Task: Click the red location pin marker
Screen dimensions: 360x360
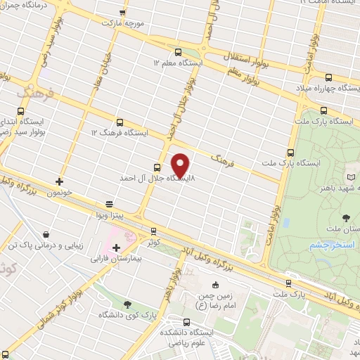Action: coord(181,165)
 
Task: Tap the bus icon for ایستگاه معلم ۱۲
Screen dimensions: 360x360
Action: coord(176,51)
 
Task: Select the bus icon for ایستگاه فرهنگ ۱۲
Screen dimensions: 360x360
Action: coord(120,122)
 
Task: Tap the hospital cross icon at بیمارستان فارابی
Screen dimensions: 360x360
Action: coord(116,247)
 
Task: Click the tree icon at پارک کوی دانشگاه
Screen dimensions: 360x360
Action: coord(127,304)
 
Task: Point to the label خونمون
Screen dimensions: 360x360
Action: coord(61,191)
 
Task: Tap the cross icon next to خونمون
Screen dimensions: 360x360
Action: coord(60,181)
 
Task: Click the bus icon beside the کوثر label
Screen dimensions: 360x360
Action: coord(153,231)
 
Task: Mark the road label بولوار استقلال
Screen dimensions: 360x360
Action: coord(223,56)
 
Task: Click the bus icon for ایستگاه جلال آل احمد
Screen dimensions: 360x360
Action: coord(157,167)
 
